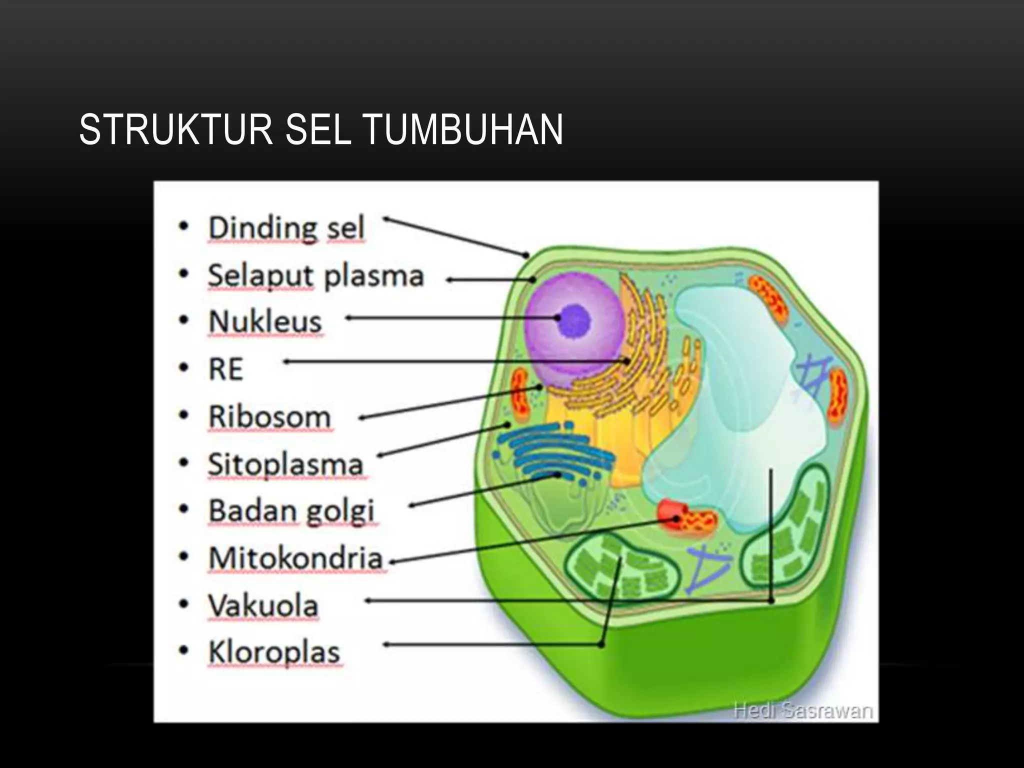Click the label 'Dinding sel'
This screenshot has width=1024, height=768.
286,228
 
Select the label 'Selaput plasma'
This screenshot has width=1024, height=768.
315,276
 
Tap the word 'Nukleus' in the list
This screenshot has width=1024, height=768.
265,321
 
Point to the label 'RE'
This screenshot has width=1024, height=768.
225,369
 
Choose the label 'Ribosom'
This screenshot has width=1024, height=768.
269,417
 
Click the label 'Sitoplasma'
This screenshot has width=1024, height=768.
285,464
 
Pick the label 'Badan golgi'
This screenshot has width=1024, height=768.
291,511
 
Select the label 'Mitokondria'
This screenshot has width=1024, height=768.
295,558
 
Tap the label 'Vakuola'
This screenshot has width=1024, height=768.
263,606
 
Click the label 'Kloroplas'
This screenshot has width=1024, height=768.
274,652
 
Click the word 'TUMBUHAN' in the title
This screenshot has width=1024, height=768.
463,130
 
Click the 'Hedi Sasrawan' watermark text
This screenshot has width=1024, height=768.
803,710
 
